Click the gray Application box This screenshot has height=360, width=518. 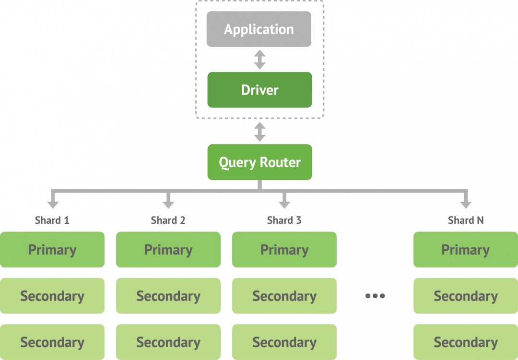[259, 29]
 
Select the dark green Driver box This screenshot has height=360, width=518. [259, 90]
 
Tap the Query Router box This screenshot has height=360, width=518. [259, 162]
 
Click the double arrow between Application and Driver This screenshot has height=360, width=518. [259, 59]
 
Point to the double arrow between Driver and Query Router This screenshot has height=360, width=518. [259, 131]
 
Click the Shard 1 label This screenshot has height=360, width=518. [52, 221]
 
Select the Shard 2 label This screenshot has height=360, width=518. [168, 221]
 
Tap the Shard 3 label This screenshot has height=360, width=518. [284, 221]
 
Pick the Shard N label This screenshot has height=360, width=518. [466, 221]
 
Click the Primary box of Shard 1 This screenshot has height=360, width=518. [52, 250]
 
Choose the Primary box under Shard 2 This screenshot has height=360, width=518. [168, 250]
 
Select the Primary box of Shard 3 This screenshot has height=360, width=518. [284, 250]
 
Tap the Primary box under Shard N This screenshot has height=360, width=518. [466, 250]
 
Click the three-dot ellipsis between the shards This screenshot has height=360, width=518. [375, 296]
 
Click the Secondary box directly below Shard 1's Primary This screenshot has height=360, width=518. [52, 296]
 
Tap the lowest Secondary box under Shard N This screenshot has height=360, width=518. [466, 342]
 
